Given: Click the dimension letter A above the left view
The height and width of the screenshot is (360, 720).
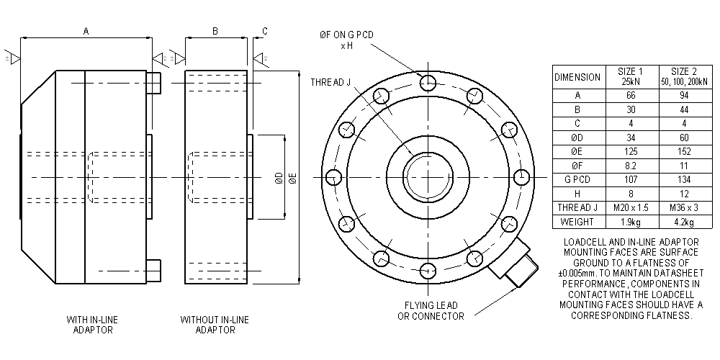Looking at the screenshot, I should (x=86, y=31).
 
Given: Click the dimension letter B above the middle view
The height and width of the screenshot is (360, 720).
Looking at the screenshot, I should (x=215, y=31).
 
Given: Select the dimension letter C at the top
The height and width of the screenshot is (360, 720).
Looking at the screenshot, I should (x=265, y=31).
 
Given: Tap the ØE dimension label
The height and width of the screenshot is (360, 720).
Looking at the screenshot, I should (x=292, y=178).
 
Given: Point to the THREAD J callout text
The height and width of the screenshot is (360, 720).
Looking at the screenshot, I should (x=330, y=82).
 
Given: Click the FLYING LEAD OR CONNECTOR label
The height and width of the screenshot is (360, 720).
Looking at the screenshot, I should (x=431, y=310).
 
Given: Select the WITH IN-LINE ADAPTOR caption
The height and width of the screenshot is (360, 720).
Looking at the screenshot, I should (x=93, y=324).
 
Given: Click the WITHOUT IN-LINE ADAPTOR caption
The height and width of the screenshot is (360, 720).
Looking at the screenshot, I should (x=215, y=324).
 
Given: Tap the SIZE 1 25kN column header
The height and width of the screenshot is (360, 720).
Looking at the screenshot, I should (x=630, y=76).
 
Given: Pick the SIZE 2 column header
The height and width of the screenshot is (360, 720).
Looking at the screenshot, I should (x=683, y=76).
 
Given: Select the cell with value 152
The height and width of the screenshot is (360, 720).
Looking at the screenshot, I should (x=683, y=151).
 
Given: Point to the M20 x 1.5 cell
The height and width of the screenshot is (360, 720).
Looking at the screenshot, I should (x=630, y=207).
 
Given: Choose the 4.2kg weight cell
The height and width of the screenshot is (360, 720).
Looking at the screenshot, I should (x=683, y=222).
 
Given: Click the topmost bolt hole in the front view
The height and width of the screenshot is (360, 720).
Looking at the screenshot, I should (x=429, y=82).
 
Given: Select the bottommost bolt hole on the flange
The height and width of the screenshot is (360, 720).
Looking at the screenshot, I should (x=429, y=271).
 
